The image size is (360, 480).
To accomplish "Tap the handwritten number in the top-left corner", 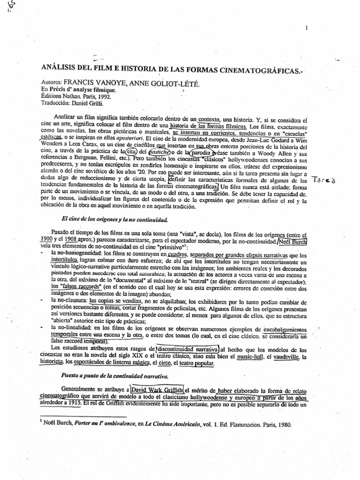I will tap(4, 7).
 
